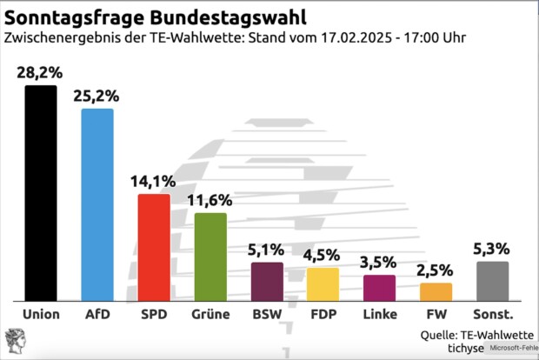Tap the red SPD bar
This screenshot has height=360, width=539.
click(154, 245)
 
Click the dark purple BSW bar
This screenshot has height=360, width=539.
click(267, 280)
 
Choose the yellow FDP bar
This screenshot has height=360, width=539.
click(323, 283)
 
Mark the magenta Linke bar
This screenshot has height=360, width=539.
click(379, 287)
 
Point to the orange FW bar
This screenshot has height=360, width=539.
click(436, 291)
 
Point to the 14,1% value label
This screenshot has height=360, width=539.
click(154, 182)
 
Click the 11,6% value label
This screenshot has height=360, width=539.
click(210, 201)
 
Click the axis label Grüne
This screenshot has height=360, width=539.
click(210, 314)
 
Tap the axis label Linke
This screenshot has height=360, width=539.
click(379, 314)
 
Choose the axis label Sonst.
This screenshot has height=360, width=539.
click(492, 314)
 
